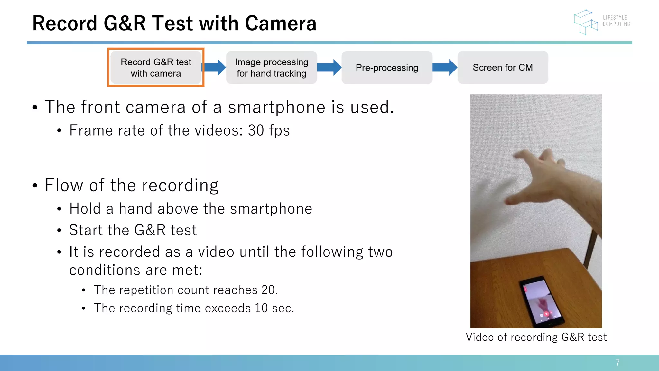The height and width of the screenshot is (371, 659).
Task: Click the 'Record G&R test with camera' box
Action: point(156,68)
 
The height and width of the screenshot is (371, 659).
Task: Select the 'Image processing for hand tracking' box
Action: point(271,68)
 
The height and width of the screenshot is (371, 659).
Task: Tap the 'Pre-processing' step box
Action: point(387,68)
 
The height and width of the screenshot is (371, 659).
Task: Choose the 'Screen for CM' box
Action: point(503,68)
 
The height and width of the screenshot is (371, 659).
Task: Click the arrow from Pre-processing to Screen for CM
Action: point(445,67)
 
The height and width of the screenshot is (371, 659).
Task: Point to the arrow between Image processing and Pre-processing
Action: point(329,67)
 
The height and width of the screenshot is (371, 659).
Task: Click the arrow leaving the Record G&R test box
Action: point(214,67)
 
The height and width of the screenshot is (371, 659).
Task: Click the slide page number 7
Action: point(617,363)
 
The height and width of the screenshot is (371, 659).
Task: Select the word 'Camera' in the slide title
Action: point(281,24)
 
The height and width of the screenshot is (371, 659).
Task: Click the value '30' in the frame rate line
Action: point(256,130)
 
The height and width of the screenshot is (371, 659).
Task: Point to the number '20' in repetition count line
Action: point(268,290)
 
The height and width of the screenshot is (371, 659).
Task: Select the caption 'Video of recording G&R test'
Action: point(536,337)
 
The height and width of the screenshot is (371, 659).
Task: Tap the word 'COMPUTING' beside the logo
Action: point(616,24)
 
